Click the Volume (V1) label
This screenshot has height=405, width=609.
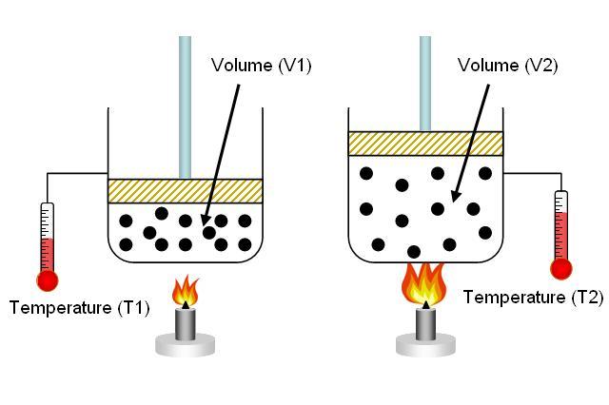coord(261,66)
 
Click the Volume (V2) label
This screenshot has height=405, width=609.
coord(507,66)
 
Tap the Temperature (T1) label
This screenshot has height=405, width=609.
coord(80,308)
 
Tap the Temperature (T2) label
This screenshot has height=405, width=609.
coord(534,298)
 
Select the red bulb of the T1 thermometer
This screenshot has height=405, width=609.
coord(48,280)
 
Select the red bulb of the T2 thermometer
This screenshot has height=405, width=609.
coord(561,268)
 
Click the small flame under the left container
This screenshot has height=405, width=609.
coord(186,290)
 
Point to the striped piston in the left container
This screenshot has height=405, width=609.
coord(185,191)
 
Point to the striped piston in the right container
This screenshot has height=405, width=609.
coord(425,144)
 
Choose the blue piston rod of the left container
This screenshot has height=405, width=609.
coord(185,107)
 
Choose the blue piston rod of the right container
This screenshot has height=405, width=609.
coord(425,84)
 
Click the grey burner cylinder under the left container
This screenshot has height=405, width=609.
coord(186,324)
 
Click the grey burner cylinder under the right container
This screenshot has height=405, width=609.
coord(425,324)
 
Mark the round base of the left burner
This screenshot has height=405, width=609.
coord(186,345)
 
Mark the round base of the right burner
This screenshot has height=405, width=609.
coord(425,345)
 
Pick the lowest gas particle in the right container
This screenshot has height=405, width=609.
coord(414,251)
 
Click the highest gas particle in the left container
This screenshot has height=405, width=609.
coord(162,213)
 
